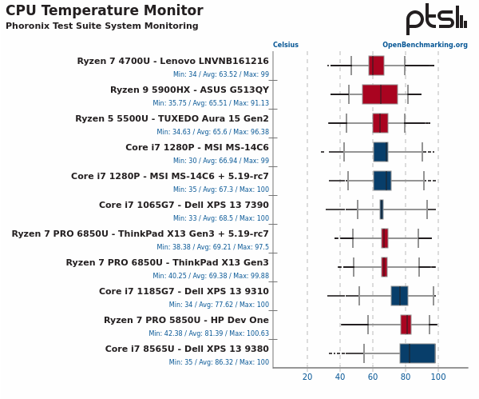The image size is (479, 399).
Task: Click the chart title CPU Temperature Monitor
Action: pos(104,11)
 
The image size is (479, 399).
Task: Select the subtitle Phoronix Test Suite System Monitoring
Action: pos(101,26)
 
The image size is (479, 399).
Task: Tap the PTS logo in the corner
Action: pos(436,19)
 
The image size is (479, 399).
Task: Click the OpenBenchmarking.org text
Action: pos(425,46)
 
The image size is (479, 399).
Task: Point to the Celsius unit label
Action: pos(286,46)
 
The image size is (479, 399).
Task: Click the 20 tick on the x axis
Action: pos(307,377)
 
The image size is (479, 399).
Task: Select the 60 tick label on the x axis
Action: pos(373,377)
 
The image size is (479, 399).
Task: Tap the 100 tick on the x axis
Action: pos(438,377)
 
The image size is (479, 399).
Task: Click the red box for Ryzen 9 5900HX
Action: pos(379,94)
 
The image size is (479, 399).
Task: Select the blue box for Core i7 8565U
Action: pos(418,353)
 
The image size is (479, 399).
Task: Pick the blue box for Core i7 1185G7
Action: pos(399,296)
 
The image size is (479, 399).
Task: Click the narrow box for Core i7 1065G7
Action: pos(382,209)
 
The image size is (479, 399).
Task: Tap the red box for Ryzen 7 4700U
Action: pos(376,66)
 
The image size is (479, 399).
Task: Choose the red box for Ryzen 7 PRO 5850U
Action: pos(406,325)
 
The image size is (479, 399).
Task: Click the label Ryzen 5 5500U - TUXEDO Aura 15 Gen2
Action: pos(172,119)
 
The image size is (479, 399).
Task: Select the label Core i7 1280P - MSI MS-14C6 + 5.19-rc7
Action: pos(170,177)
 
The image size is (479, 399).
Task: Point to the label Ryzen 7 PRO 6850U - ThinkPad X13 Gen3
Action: pos(167,263)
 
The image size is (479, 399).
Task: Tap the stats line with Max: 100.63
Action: pos(208,333)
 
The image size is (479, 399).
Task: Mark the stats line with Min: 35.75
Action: pos(211,103)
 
